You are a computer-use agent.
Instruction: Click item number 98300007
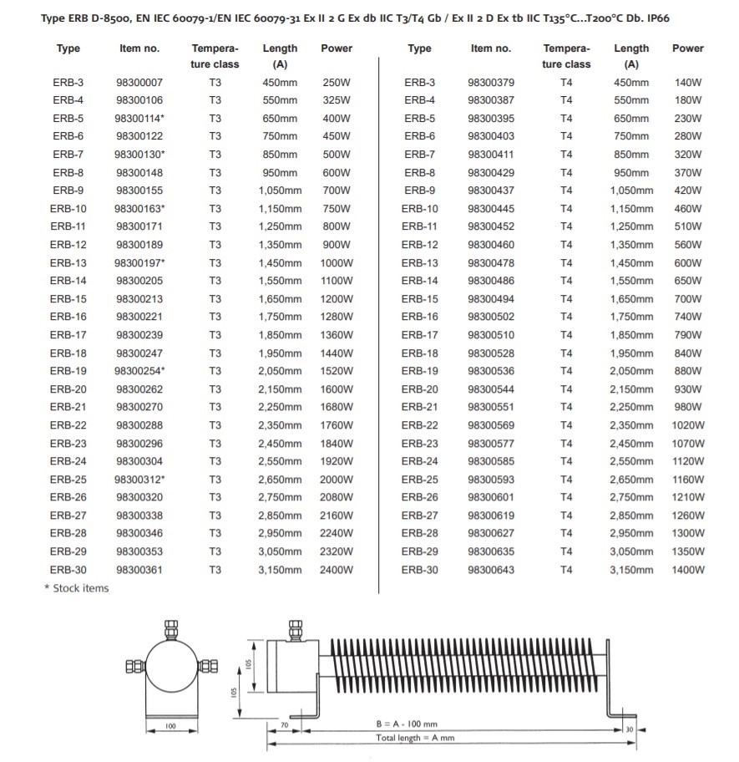click(x=139, y=83)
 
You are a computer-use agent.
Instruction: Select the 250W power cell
click(x=337, y=83)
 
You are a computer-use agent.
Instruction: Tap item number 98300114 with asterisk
click(x=139, y=119)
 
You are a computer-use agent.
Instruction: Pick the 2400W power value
click(x=337, y=570)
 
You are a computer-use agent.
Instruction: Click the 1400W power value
click(x=688, y=570)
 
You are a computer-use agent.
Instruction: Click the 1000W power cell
click(x=337, y=263)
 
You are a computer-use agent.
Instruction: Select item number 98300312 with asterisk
click(x=139, y=480)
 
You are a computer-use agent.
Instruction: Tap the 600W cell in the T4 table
click(x=688, y=263)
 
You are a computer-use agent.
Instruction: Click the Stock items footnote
click(x=76, y=588)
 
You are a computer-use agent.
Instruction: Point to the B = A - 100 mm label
click(x=407, y=724)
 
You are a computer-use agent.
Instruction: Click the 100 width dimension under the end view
click(x=170, y=727)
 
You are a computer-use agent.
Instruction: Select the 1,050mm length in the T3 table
click(x=280, y=190)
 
